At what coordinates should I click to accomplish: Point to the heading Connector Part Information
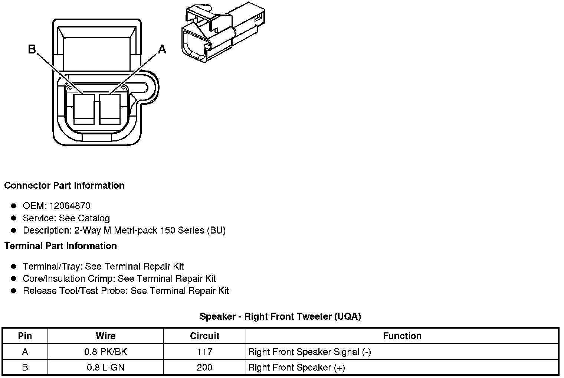pos(64,185)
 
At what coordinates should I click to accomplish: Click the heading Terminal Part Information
pos(60,246)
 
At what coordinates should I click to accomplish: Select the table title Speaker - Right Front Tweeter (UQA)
pos(280,316)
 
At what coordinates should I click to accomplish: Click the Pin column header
pos(25,336)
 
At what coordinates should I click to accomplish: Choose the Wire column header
pos(105,336)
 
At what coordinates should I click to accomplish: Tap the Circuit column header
pos(204,336)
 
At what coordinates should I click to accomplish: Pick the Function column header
pos(402,336)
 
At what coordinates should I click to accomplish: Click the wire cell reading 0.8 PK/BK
pos(105,352)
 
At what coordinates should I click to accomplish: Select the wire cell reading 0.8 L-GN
pos(105,368)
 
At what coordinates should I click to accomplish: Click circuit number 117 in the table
pos(204,352)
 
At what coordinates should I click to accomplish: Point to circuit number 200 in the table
pos(204,368)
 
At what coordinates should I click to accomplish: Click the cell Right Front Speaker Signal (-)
pos(309,352)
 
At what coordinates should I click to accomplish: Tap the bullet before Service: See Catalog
pos(14,218)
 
